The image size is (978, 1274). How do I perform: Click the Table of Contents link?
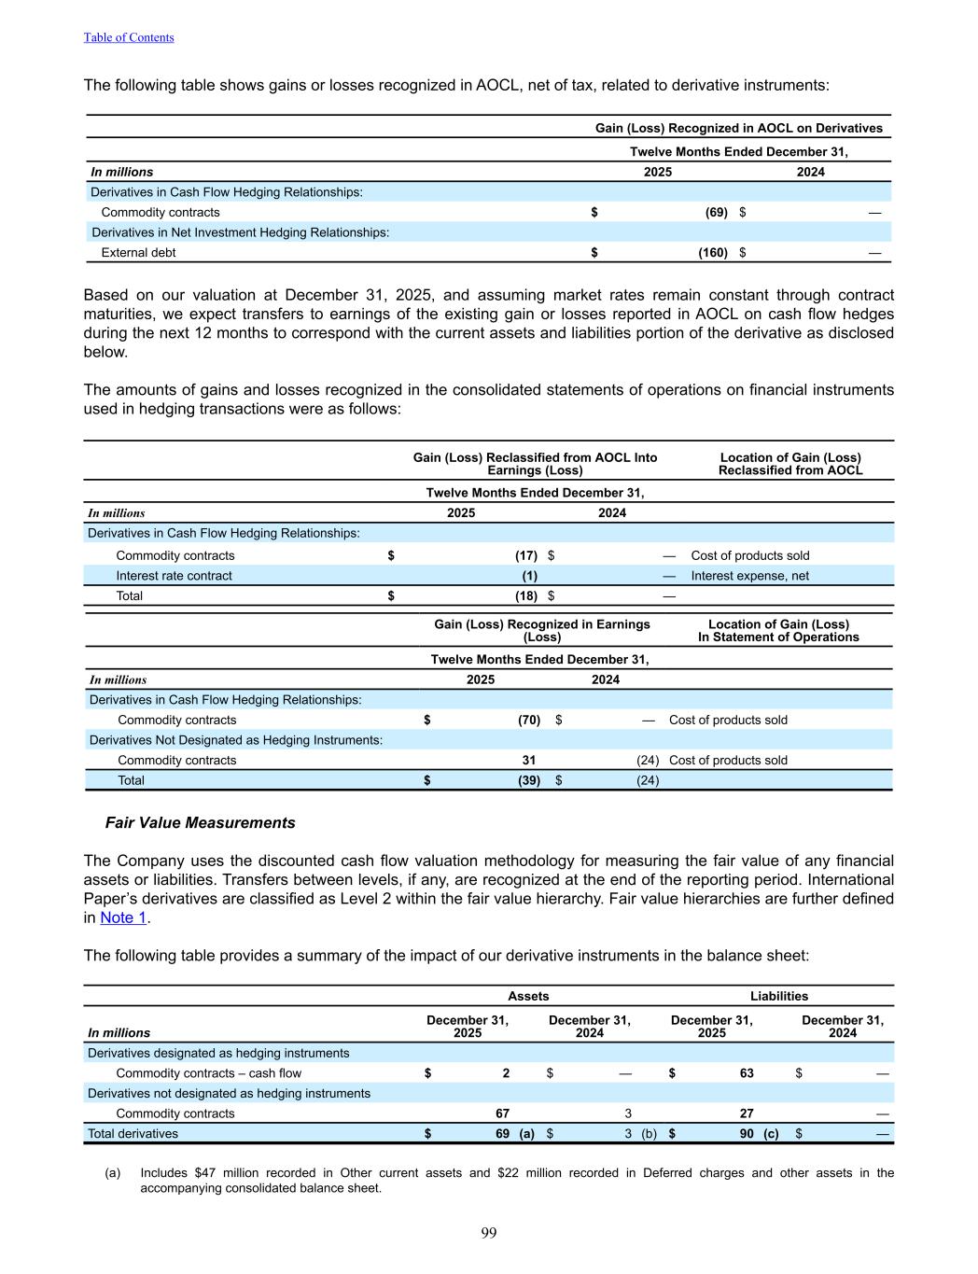pos(129,37)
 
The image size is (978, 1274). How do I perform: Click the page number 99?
pos(489,1233)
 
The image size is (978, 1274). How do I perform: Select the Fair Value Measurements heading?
pos(200,822)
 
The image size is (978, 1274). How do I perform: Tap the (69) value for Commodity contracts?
pos(716,212)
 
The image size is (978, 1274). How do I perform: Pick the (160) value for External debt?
pos(713,252)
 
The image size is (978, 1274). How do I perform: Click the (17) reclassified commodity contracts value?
pos(525,555)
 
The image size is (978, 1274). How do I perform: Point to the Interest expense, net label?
pos(749,576)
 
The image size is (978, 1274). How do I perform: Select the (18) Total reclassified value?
pos(525,595)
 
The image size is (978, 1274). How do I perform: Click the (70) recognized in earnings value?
pos(529,720)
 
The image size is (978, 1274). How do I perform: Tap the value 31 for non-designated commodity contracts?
pos(528,760)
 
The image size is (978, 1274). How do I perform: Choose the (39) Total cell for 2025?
pos(529,780)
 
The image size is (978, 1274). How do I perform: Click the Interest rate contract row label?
pos(174,576)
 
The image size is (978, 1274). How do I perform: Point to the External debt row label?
pos(138,252)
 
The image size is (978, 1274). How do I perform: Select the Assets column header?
pos(528,996)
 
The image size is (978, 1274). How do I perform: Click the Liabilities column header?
pos(779,996)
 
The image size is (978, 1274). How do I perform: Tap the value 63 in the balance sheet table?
pos(747,1073)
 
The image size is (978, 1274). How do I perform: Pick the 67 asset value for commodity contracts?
pos(502,1113)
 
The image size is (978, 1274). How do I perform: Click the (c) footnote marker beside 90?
pos(771,1134)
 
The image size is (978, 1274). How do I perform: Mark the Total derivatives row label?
pos(133,1134)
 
